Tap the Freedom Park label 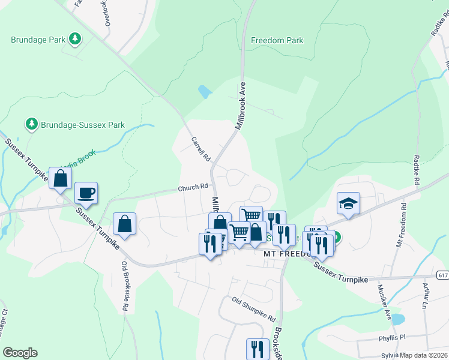[x=277, y=41]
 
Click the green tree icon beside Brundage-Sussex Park [x=31, y=124]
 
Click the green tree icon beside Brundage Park [x=75, y=40]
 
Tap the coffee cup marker [x=86, y=193]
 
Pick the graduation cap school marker [x=348, y=203]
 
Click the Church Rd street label [x=192, y=188]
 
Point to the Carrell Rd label [x=200, y=149]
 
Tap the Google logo [x=20, y=353]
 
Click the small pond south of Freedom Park [x=205, y=92]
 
